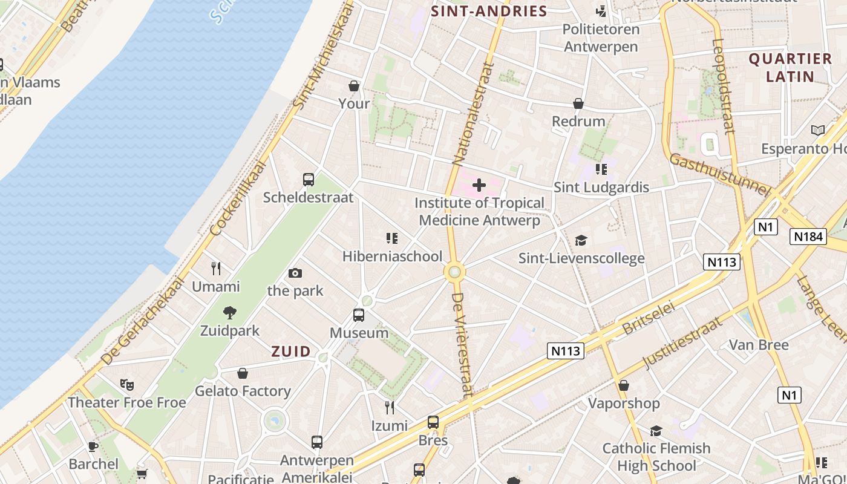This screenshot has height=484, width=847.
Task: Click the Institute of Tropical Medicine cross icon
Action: [479, 185]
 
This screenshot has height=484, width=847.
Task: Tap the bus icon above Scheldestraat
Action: [309, 179]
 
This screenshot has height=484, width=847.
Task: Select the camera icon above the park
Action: [295, 273]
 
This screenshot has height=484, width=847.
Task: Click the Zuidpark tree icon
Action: [229, 313]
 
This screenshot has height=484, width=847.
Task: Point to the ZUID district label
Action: [291, 352]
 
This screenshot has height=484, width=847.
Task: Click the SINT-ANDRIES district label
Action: [489, 11]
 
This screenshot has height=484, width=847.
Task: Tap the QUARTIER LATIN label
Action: [790, 67]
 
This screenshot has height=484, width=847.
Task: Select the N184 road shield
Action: [808, 237]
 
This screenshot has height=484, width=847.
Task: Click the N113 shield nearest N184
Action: [722, 262]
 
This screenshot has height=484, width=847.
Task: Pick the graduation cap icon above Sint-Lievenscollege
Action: [581, 241]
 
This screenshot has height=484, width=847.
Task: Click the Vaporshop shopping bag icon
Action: [624, 385]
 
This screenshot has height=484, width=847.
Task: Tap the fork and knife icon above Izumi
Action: [390, 408]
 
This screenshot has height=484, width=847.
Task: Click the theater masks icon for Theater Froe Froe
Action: [126, 384]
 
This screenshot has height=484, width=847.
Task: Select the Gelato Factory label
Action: [243, 391]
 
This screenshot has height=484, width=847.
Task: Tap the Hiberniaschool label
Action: [392, 257]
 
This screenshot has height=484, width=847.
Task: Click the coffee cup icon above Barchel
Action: [93, 446]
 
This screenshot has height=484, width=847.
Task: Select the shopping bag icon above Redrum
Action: [578, 103]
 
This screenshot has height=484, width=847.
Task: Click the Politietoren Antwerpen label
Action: [600, 38]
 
